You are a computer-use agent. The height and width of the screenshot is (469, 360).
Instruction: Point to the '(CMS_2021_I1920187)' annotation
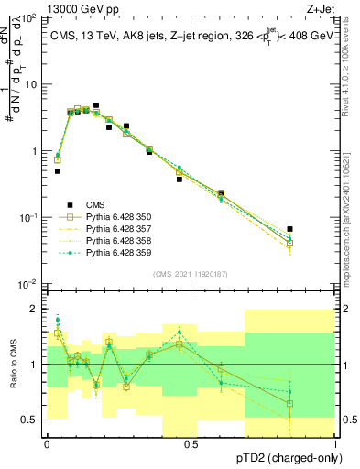pyautogui.click(x=191, y=274)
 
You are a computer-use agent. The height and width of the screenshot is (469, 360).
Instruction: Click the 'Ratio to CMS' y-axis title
pyautogui.click(x=12, y=365)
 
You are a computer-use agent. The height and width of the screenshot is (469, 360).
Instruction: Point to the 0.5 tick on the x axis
pyautogui.click(x=191, y=442)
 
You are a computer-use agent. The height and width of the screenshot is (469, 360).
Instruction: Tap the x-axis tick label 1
pyautogui.click(x=335, y=442)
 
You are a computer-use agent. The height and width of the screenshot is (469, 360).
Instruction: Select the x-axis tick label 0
pyautogui.click(x=47, y=442)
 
